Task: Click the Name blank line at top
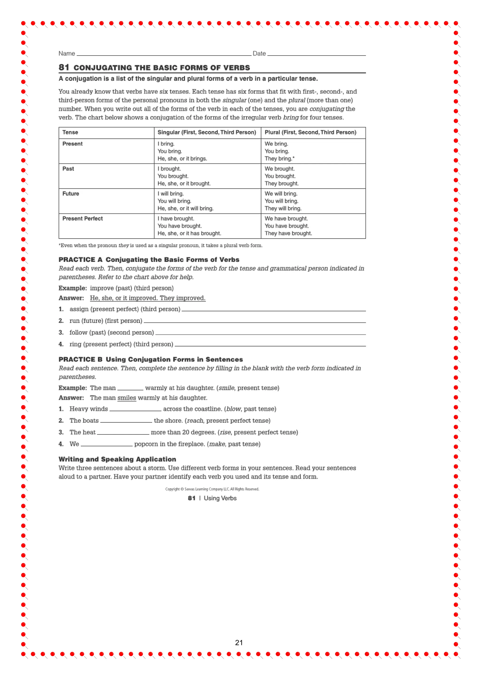point(163,54)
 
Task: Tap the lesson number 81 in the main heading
point(64,68)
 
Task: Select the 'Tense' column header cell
point(70,132)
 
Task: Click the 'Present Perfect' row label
point(82,219)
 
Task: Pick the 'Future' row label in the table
point(70,194)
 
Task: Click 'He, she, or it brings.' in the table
point(182,159)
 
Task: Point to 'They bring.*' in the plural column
point(279,159)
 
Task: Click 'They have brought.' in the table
point(288,233)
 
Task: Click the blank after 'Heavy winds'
point(135,409)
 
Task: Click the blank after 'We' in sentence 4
point(107,445)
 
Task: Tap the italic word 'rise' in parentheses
point(225,432)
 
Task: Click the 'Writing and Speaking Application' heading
point(117,459)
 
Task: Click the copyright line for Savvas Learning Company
point(212,489)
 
